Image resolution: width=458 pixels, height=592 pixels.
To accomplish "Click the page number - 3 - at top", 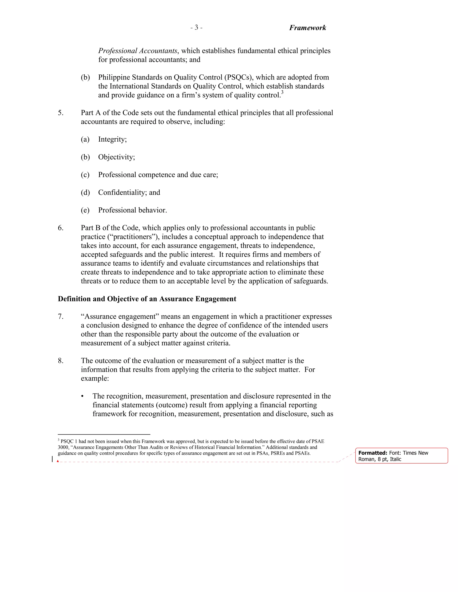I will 196,28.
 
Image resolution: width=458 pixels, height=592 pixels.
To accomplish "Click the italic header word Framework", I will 307,28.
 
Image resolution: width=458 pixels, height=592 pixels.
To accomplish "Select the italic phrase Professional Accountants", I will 138,51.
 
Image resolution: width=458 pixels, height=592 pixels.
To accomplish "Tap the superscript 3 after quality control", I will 282,93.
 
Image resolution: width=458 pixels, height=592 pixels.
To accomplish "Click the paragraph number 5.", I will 61,113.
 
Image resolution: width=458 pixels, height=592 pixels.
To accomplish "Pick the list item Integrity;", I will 112,139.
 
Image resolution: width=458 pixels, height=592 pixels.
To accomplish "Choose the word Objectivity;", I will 116,157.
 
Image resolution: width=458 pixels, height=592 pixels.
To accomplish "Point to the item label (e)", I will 85,210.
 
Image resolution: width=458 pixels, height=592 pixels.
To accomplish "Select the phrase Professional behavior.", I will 132,210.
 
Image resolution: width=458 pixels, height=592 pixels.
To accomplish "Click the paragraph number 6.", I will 61,228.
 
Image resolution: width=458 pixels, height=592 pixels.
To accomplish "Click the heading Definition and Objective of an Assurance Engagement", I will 147,299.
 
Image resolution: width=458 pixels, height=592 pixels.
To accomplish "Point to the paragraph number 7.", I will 61,316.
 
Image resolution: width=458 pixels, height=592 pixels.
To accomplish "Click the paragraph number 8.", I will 61,361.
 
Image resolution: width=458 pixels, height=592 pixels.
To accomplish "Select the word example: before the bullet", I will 95,378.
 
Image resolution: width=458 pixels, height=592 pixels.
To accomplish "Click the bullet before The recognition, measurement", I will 82,396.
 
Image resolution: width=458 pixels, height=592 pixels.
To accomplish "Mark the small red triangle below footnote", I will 58,461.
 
